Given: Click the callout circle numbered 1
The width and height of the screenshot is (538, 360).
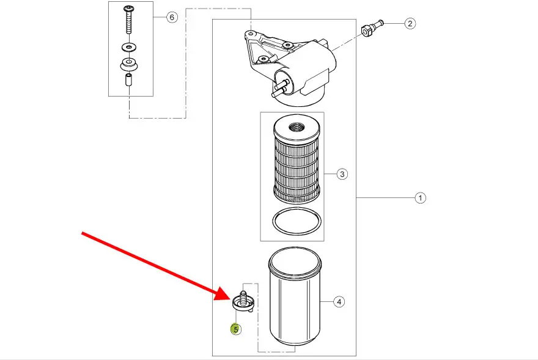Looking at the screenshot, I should click(x=420, y=198).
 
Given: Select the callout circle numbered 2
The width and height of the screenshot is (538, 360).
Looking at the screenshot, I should click(x=410, y=24).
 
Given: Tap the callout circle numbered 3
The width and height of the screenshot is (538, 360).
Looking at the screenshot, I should click(x=342, y=175).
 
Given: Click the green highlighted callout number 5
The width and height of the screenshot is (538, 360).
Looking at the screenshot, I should click(x=235, y=329).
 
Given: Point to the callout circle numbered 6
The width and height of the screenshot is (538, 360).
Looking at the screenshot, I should click(x=172, y=17).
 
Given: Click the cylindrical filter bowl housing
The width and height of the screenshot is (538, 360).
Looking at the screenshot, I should click(x=295, y=306).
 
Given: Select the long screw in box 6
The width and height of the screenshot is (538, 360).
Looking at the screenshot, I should click(x=129, y=21).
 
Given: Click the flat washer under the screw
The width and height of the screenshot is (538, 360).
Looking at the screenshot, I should click(x=129, y=46).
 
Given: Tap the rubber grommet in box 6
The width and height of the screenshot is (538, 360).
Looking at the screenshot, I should click(x=129, y=64).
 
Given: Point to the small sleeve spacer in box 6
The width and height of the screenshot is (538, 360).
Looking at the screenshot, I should click(x=129, y=81).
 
